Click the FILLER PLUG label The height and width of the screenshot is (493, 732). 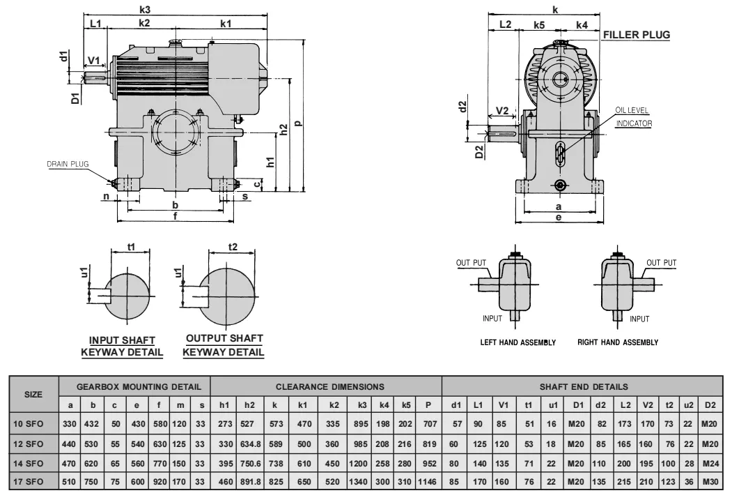636,35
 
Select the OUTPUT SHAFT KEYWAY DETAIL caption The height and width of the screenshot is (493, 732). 224,345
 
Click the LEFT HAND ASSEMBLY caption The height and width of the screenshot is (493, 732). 518,342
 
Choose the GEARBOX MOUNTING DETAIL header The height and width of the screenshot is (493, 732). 139,386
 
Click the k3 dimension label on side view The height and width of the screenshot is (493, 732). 145,10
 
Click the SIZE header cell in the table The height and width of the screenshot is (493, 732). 33,394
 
